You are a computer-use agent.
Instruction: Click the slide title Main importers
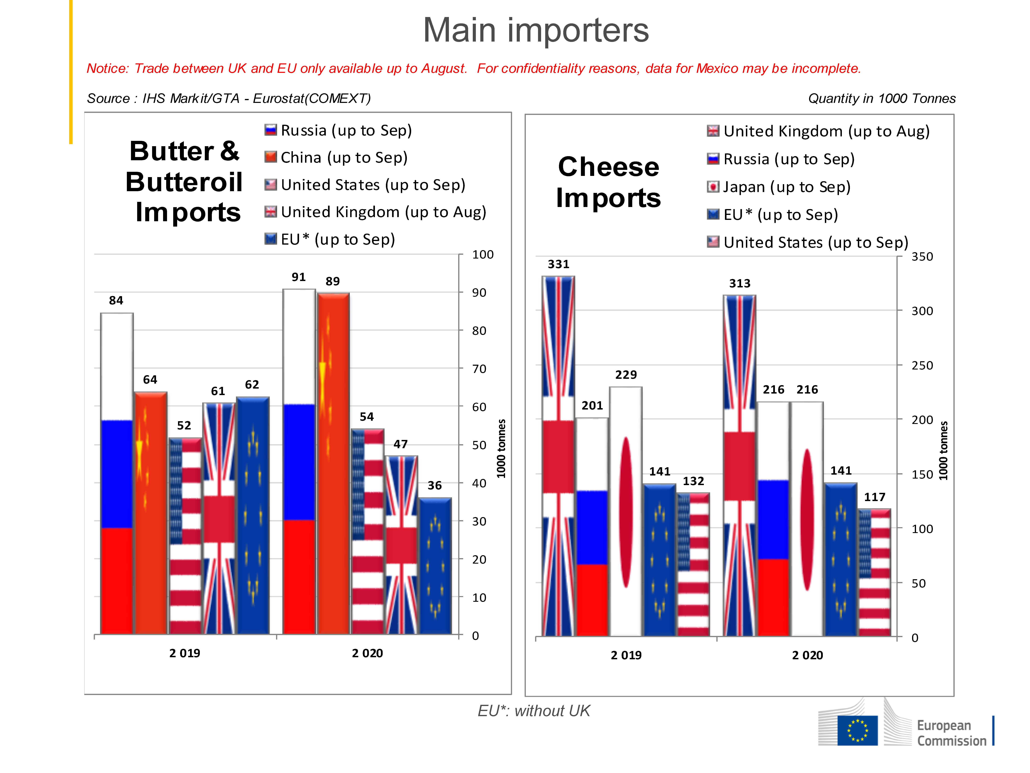(535, 30)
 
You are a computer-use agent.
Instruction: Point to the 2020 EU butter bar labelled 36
(435, 566)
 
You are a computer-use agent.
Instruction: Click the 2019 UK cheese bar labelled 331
(558, 457)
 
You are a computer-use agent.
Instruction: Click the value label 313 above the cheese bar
(739, 283)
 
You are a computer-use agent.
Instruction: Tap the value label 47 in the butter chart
(400, 444)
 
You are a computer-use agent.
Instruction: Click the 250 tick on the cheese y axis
(922, 365)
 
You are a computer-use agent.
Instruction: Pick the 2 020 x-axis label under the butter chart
(367, 653)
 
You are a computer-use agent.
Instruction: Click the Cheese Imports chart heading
(608, 182)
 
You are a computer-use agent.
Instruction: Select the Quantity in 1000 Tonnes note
(882, 98)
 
